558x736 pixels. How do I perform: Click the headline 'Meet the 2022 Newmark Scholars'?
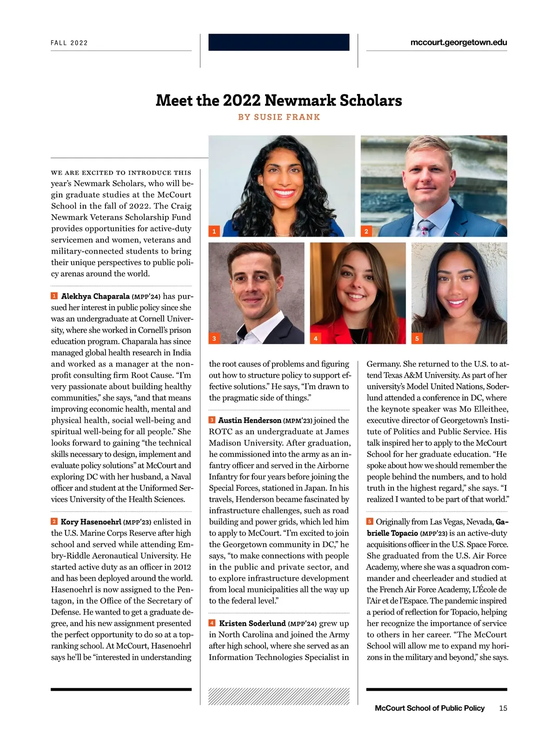pos(279,100)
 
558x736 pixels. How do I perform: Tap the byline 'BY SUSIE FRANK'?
pos(279,117)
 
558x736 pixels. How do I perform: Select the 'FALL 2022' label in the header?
pos(69,43)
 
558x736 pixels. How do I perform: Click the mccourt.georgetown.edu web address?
pos(458,42)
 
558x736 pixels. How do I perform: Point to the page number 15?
pos(503,708)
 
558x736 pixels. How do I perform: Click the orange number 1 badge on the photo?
pos(214,231)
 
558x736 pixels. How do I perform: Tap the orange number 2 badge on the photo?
pos(366,231)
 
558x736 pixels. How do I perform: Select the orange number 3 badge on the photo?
pos(214,338)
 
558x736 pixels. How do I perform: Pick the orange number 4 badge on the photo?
pos(316,338)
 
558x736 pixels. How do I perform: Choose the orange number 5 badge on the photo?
pos(417,338)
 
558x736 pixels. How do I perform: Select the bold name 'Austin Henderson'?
pos(250,421)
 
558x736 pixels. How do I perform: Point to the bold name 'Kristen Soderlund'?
pos(252,623)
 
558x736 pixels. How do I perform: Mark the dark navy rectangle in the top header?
pos(279,42)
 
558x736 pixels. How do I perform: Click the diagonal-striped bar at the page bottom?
pos(279,696)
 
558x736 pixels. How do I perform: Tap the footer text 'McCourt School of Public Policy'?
pos(429,708)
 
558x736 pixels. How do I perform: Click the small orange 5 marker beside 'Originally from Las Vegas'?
pos(370,522)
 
